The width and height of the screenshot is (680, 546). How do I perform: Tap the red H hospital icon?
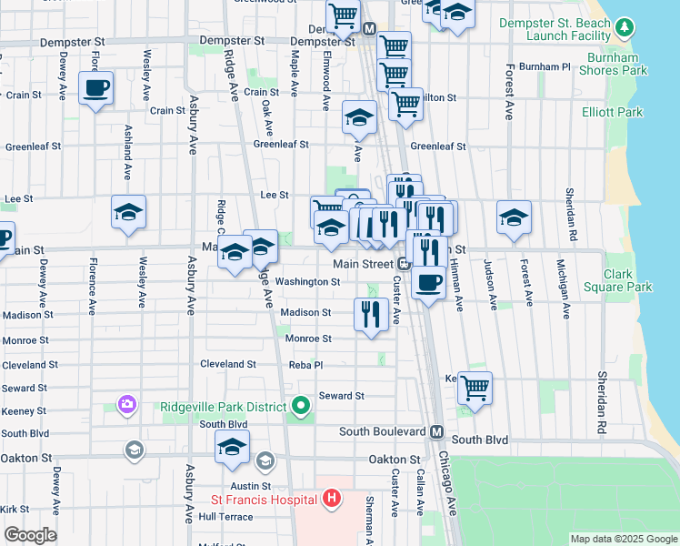click(332, 499)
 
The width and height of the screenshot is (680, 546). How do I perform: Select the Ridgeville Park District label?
click(223, 406)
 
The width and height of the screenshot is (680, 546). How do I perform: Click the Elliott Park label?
click(613, 112)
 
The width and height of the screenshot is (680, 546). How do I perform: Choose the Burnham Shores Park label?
click(613, 63)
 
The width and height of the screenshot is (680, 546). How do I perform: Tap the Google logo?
click(30, 535)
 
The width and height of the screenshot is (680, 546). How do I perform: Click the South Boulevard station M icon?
click(436, 431)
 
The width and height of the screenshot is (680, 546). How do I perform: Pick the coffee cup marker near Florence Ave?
click(95, 88)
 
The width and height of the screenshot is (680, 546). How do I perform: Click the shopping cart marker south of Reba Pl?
click(475, 387)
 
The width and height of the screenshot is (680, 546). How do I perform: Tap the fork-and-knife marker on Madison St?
click(371, 315)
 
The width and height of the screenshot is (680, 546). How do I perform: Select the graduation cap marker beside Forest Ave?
click(514, 218)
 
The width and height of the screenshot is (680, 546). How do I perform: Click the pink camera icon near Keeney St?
click(126, 403)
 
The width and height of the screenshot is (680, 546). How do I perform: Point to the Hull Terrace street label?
click(225, 516)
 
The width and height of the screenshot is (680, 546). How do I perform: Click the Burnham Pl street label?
click(550, 67)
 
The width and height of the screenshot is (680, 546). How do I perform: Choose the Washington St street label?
click(307, 282)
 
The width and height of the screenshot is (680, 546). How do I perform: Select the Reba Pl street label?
click(305, 364)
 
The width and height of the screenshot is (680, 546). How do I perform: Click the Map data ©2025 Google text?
click(623, 539)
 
